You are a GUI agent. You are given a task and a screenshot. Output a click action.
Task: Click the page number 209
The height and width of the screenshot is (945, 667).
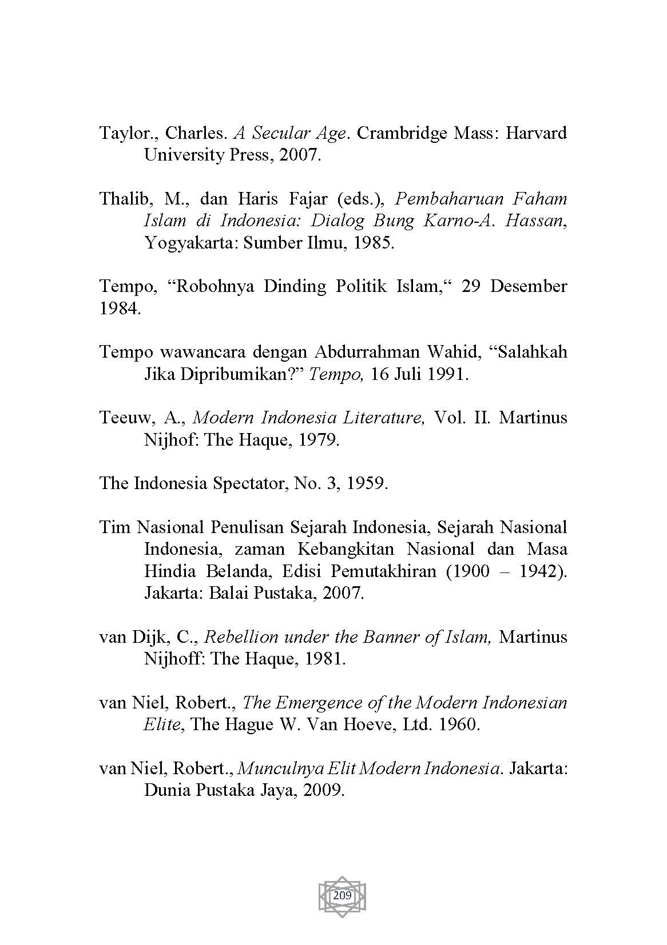342,895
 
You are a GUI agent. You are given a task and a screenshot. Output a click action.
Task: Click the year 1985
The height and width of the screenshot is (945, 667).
372,243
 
